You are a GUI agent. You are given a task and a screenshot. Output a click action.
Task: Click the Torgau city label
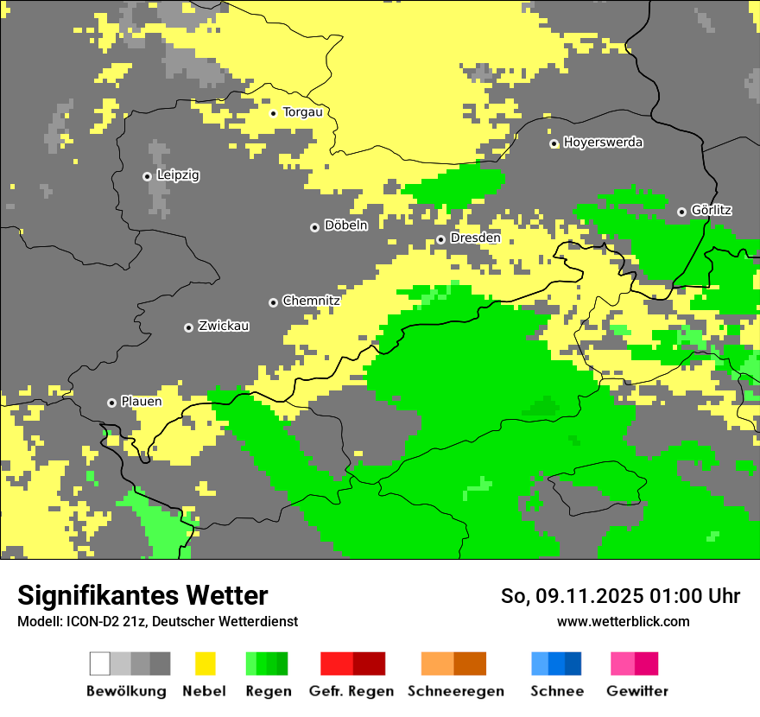coord(302,112)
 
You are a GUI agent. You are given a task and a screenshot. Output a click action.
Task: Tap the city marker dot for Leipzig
coord(147,176)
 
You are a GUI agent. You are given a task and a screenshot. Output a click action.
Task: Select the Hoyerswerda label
coord(603,143)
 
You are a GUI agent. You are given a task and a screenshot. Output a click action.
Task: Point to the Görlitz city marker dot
coord(681,212)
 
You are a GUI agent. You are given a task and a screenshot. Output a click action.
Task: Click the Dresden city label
coord(475,238)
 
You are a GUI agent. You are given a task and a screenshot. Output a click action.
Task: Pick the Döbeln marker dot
coord(314,227)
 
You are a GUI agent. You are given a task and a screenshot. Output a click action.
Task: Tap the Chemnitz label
coord(311,301)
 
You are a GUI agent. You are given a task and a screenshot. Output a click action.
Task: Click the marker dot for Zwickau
coord(188,327)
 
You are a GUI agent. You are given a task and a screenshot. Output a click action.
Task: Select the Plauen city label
coord(141,402)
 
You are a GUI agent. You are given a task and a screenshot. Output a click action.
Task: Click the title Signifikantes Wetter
coord(142,595)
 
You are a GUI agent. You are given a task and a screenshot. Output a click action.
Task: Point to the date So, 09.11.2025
coord(571,596)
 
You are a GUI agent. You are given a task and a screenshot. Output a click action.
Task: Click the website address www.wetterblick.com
coord(623,621)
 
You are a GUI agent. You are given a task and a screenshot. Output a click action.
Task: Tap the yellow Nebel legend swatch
coord(205,663)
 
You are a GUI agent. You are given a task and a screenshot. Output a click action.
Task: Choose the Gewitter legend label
coord(636,691)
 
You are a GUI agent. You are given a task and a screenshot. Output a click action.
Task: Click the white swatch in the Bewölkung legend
coord(100,663)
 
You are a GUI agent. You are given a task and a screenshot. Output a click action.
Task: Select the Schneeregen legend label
coord(455,691)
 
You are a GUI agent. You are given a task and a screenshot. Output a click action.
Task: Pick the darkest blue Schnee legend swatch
coord(573,663)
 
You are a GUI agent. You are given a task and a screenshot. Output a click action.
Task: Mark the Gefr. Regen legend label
coord(351,691)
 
